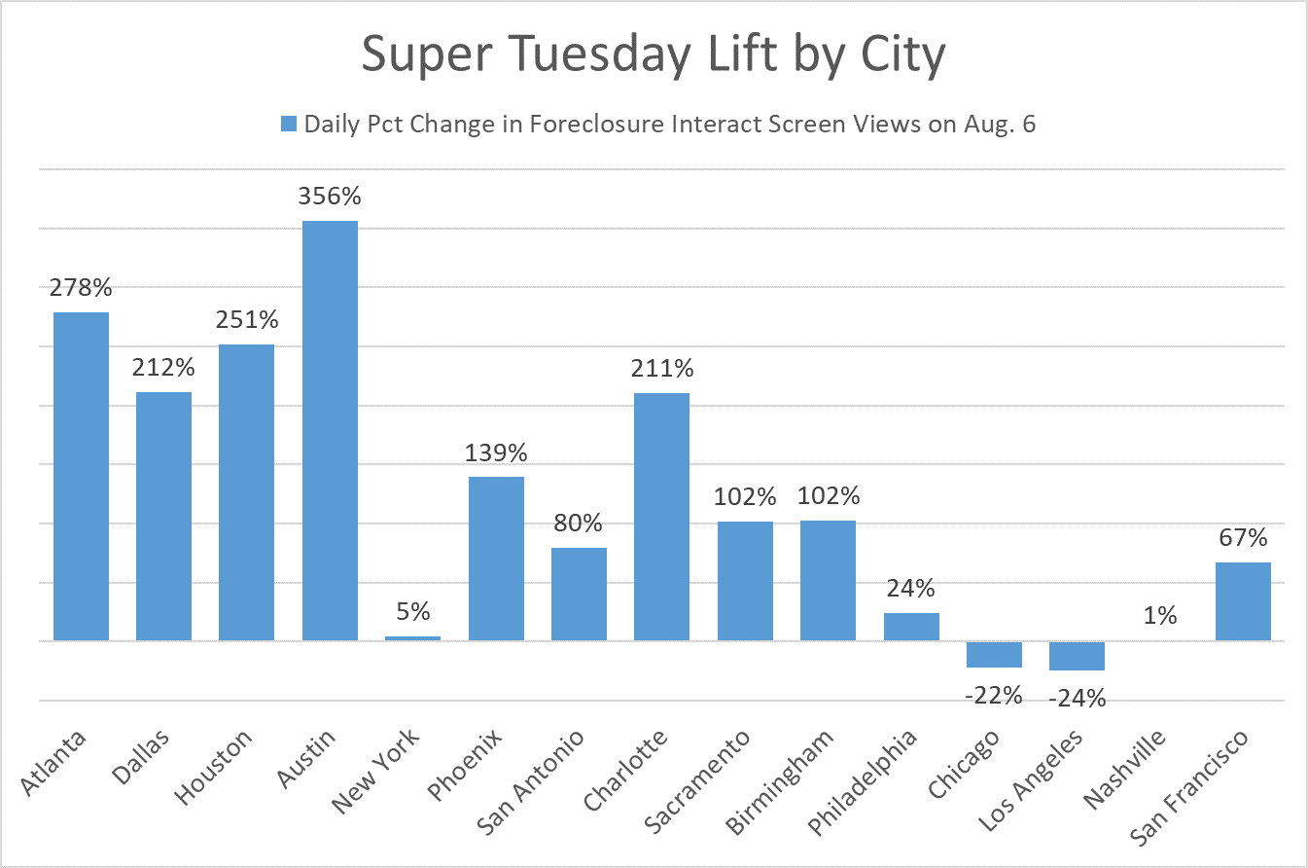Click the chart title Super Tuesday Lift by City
coord(654,55)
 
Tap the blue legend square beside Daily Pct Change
coord(288,124)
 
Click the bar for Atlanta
coord(81,476)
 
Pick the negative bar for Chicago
coord(994,654)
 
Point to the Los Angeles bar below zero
coord(1078,656)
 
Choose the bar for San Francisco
coord(1243,601)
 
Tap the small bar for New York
coord(412,638)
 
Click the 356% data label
coord(331,197)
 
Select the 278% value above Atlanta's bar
coord(82,288)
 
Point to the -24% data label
coord(1078,698)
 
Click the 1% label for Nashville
coord(1160,616)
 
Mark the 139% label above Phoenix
coord(496,452)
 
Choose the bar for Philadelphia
coord(911,627)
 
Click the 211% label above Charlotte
coord(662,369)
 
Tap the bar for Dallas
coord(163,516)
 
